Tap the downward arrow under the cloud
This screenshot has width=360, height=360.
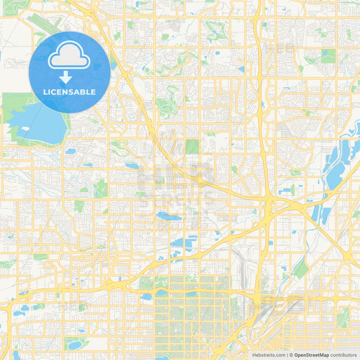[70, 77]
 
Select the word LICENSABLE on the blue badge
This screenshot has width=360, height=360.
[70, 92]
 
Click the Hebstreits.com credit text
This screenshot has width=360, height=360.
[269, 354]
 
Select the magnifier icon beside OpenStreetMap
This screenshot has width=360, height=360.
[291, 354]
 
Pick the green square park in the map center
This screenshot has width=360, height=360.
[192, 147]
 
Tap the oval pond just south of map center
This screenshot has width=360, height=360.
[166, 217]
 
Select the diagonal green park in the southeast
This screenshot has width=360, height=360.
[301, 269]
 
